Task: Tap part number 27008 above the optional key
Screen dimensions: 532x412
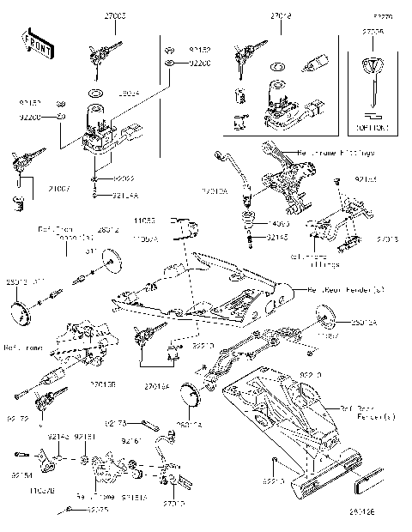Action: (373, 32)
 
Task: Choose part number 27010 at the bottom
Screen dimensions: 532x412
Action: (174, 504)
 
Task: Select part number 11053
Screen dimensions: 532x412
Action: (143, 221)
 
